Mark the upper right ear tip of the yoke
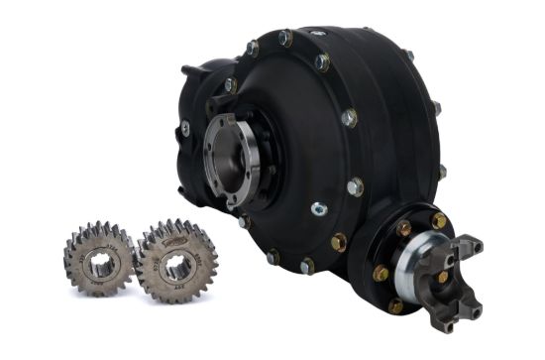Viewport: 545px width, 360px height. coord(478,244)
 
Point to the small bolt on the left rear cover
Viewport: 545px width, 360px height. coord(184,128)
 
